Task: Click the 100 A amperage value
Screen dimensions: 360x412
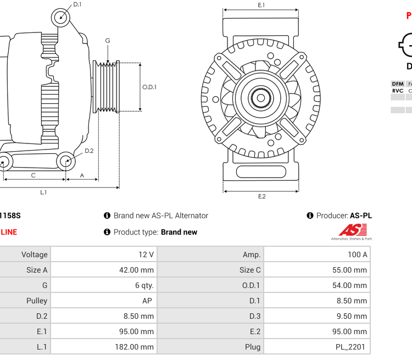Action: click(x=357, y=254)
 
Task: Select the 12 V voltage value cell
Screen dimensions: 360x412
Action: click(x=147, y=254)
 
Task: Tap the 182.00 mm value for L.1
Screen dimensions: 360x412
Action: click(x=139, y=347)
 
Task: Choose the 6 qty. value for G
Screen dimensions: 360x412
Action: click(x=144, y=285)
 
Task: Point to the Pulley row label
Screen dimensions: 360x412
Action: click(x=37, y=301)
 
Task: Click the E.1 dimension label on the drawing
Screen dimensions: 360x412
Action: click(x=261, y=5)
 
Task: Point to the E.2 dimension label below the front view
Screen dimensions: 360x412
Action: click(x=261, y=196)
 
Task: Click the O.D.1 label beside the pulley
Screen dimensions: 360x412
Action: click(x=149, y=87)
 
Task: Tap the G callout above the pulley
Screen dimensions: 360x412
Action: click(x=108, y=41)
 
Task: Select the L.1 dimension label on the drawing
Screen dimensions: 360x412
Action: click(x=43, y=192)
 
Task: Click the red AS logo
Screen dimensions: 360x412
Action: click(x=349, y=230)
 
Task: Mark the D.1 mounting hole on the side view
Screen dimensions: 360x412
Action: click(x=61, y=18)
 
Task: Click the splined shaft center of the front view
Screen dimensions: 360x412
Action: click(x=261, y=98)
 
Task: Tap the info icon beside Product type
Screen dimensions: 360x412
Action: click(x=107, y=232)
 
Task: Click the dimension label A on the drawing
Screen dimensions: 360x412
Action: click(x=82, y=175)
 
